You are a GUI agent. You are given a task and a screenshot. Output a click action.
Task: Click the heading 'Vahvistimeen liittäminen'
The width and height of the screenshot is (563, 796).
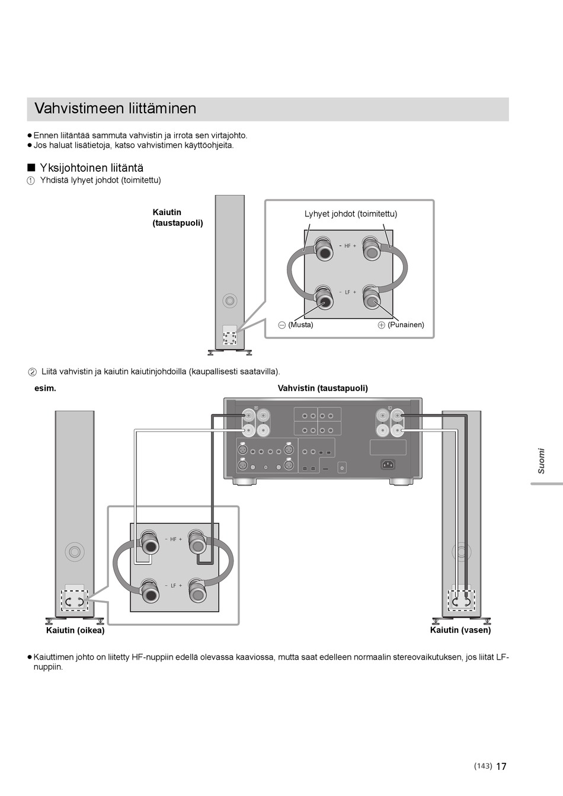coord(115,108)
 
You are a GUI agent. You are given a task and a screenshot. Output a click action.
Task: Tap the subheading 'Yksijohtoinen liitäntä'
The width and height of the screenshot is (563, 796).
coord(91,168)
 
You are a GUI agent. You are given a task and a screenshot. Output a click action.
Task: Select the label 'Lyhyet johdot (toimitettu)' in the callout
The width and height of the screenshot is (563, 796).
coord(351,214)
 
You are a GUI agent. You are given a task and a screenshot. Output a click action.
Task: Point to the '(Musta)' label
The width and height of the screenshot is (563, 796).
coord(300,325)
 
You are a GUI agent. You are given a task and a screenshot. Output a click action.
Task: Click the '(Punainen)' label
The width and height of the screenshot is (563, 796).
coord(406,325)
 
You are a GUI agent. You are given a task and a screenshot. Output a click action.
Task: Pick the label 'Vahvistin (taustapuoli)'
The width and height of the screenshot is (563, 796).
coord(323,388)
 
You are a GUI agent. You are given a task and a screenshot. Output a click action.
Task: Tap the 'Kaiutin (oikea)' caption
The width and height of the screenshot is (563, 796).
coord(75,631)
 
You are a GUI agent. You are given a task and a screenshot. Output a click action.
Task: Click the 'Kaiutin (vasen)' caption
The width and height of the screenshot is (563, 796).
coord(460,630)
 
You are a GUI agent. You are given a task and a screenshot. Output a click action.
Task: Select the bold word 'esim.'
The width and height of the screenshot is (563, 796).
coord(46,388)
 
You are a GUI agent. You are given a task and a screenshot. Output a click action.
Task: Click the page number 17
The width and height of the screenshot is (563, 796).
coord(501,766)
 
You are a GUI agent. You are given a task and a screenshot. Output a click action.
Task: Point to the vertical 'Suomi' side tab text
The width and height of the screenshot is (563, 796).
coord(541,461)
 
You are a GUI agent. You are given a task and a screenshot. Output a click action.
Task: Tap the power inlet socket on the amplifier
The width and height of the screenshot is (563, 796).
coord(388,464)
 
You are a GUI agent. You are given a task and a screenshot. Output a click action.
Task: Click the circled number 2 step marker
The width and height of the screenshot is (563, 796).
coord(33,372)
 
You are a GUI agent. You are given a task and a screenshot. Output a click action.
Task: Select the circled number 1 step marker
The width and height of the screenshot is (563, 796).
coord(31,181)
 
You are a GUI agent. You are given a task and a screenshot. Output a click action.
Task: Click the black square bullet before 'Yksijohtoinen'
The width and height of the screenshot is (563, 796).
coord(31,168)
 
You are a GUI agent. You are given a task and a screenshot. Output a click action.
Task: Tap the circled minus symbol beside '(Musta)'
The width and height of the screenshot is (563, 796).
coord(282,325)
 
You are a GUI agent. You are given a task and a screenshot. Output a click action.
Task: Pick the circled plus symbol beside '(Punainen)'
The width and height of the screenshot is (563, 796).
coord(381,325)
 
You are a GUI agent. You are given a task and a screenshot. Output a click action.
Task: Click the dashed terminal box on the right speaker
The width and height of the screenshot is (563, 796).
coord(460,601)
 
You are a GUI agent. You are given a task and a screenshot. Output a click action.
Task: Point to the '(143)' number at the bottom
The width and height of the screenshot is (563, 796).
coord(483,766)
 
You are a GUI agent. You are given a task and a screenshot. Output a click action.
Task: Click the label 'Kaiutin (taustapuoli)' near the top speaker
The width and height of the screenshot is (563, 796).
coord(178,218)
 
